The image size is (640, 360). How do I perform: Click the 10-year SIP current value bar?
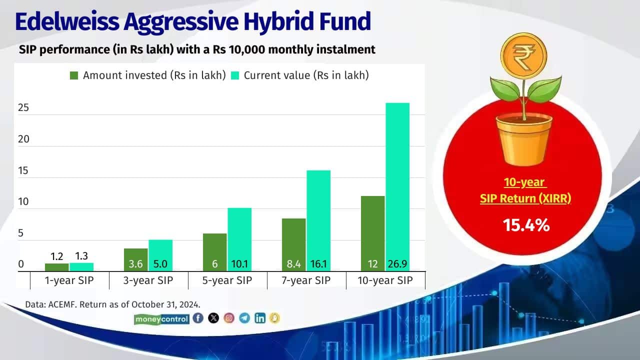coord(397,185)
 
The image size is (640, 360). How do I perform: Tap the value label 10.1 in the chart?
coord(239,264)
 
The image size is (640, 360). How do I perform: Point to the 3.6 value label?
coord(135,264)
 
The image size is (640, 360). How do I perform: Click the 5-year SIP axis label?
coord(227,280)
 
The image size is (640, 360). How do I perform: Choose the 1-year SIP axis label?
coord(69,280)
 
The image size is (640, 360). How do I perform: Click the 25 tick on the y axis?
coord(23,108)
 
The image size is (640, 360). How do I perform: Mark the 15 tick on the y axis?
coord(23,171)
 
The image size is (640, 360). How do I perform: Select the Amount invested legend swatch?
coord(74,75)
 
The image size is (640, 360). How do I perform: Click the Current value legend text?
coord(306,75)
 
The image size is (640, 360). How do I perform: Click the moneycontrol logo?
coord(161,318)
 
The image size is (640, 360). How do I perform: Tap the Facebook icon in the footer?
coord(198,318)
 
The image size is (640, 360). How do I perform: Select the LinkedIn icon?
coord(260,318)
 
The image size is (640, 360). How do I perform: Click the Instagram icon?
coord(229,318)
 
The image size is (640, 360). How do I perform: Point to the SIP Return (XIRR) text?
coord(525,198)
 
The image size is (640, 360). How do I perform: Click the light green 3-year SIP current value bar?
coord(160,255)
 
